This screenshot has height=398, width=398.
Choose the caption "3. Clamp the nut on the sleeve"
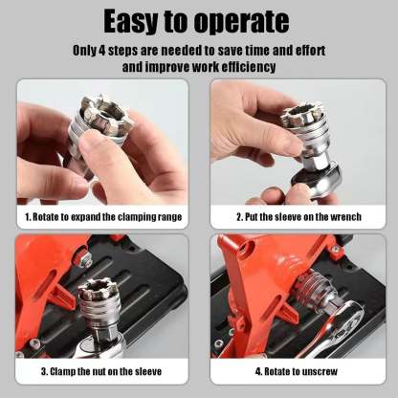[100, 371]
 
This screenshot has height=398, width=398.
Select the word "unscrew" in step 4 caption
[325, 371]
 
